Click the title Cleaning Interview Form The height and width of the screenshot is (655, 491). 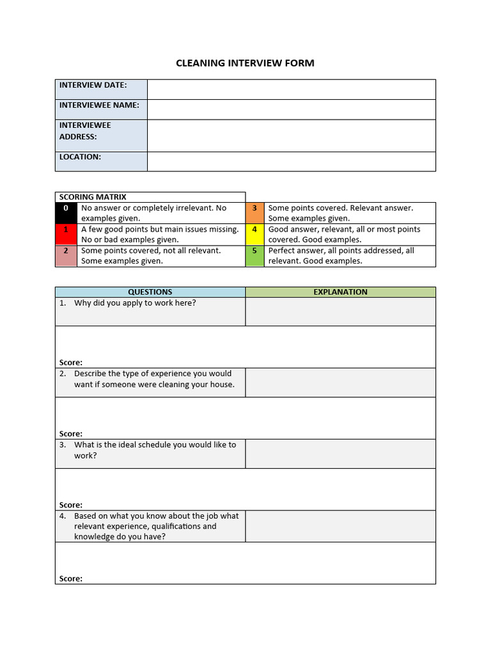pyautogui.click(x=245, y=63)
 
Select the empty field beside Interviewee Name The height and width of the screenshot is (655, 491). pyautogui.click(x=291, y=109)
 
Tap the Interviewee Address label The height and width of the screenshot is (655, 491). pyautogui.click(x=85, y=131)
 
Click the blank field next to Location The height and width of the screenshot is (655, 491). pyautogui.click(x=291, y=161)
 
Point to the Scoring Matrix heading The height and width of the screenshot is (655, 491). pyautogui.click(x=93, y=197)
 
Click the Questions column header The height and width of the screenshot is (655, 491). pyautogui.click(x=150, y=292)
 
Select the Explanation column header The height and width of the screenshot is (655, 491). pyautogui.click(x=340, y=292)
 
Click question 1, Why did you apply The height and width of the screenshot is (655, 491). pyautogui.click(x=135, y=303)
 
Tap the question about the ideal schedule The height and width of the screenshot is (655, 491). pyautogui.click(x=154, y=450)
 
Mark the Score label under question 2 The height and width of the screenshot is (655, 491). pyautogui.click(x=71, y=434)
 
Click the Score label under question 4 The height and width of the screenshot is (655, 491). pyautogui.click(x=71, y=579)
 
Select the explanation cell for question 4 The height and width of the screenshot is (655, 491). pyautogui.click(x=340, y=526)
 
